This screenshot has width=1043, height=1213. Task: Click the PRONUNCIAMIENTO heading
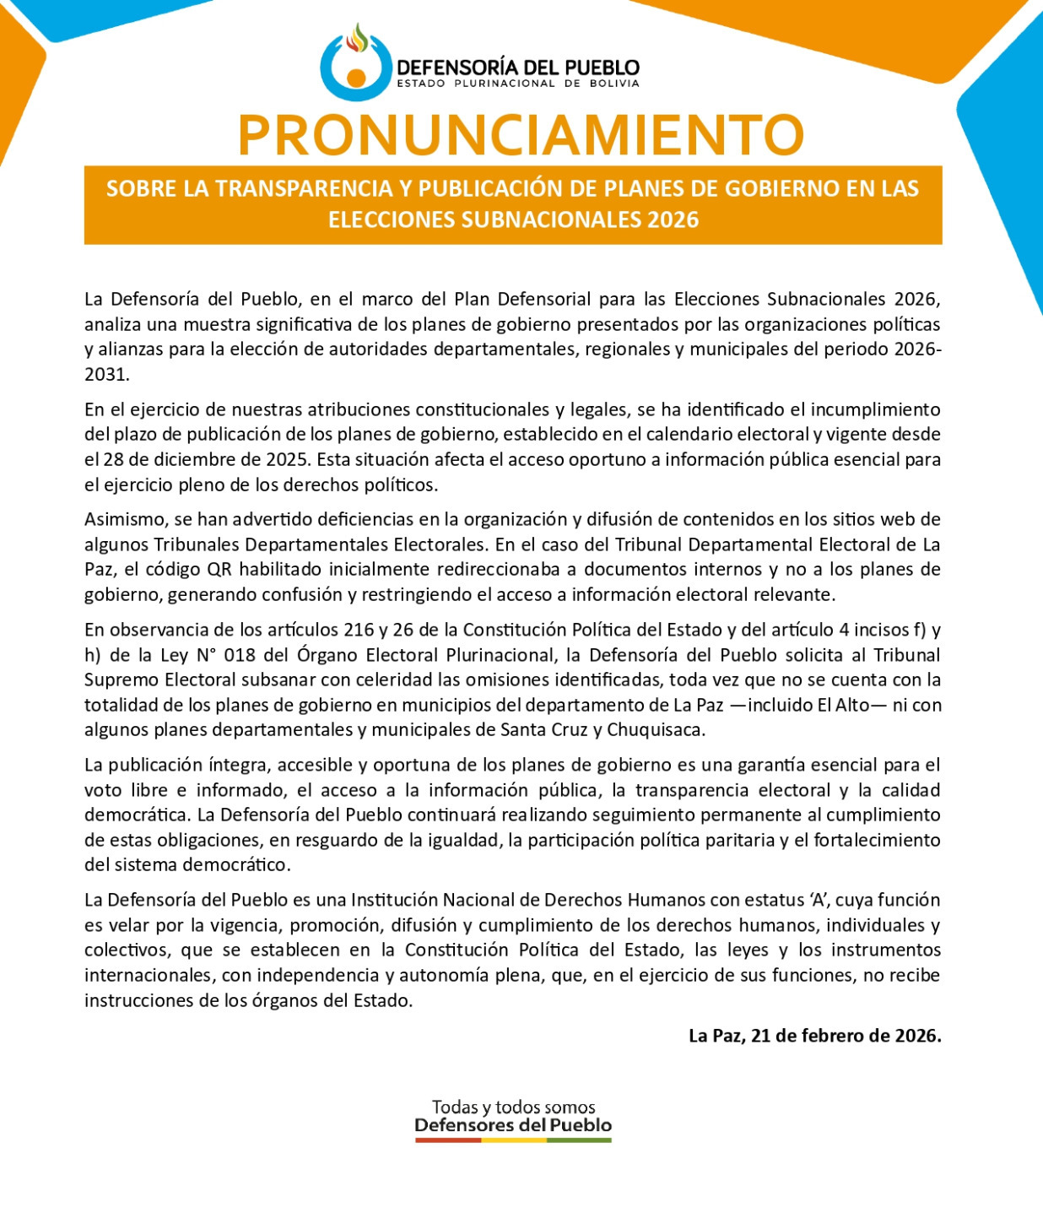point(521,134)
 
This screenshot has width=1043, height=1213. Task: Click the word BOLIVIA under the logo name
point(614,84)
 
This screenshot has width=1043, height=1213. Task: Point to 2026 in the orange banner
point(673,219)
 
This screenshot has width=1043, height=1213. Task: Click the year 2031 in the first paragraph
point(105,375)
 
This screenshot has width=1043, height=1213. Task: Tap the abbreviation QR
point(219,570)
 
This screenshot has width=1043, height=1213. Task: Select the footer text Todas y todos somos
point(513,1107)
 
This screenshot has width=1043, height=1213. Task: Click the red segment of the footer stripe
point(447,1140)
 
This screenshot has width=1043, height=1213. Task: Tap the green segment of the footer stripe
point(579,1140)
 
